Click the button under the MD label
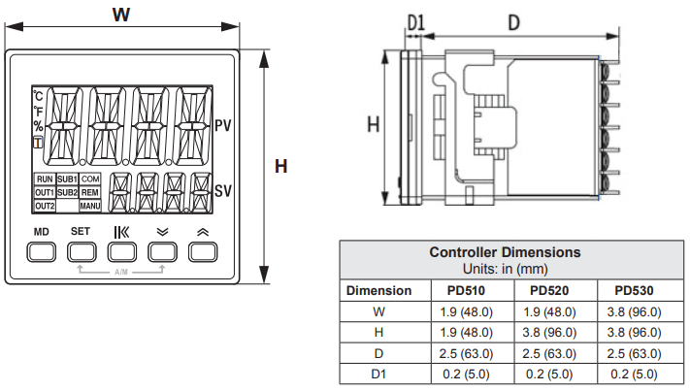tap(42, 252)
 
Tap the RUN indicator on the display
tap(45, 179)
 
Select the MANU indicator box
tap(90, 206)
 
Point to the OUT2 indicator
tap(45, 206)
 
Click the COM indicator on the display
tap(90, 179)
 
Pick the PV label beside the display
tap(223, 126)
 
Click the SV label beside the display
tap(223, 191)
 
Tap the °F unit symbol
tap(38, 112)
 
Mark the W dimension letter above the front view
tap(121, 15)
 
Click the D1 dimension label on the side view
tap(416, 23)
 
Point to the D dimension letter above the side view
tap(514, 22)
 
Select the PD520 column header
tap(549, 291)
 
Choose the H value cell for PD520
tap(549, 333)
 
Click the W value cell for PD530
tap(634, 311)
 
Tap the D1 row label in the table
tap(378, 375)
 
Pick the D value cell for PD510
tap(466, 353)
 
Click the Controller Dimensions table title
tap(506, 252)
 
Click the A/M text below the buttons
tap(121, 273)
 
